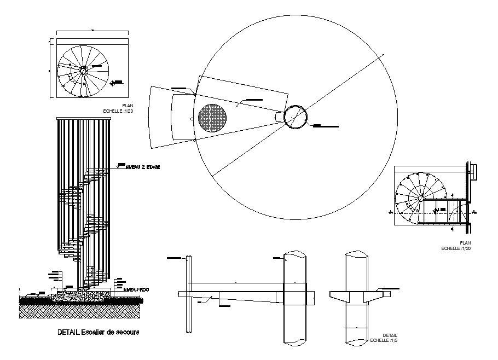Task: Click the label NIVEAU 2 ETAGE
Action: click(143, 167)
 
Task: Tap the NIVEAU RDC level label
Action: click(136, 289)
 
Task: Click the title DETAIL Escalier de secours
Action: click(98, 332)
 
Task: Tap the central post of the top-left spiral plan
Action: click(83, 70)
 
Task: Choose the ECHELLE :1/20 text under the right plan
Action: click(456, 248)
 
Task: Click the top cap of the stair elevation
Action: click(84, 117)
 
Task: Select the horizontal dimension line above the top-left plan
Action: click(92, 31)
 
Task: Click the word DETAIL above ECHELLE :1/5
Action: click(390, 335)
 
